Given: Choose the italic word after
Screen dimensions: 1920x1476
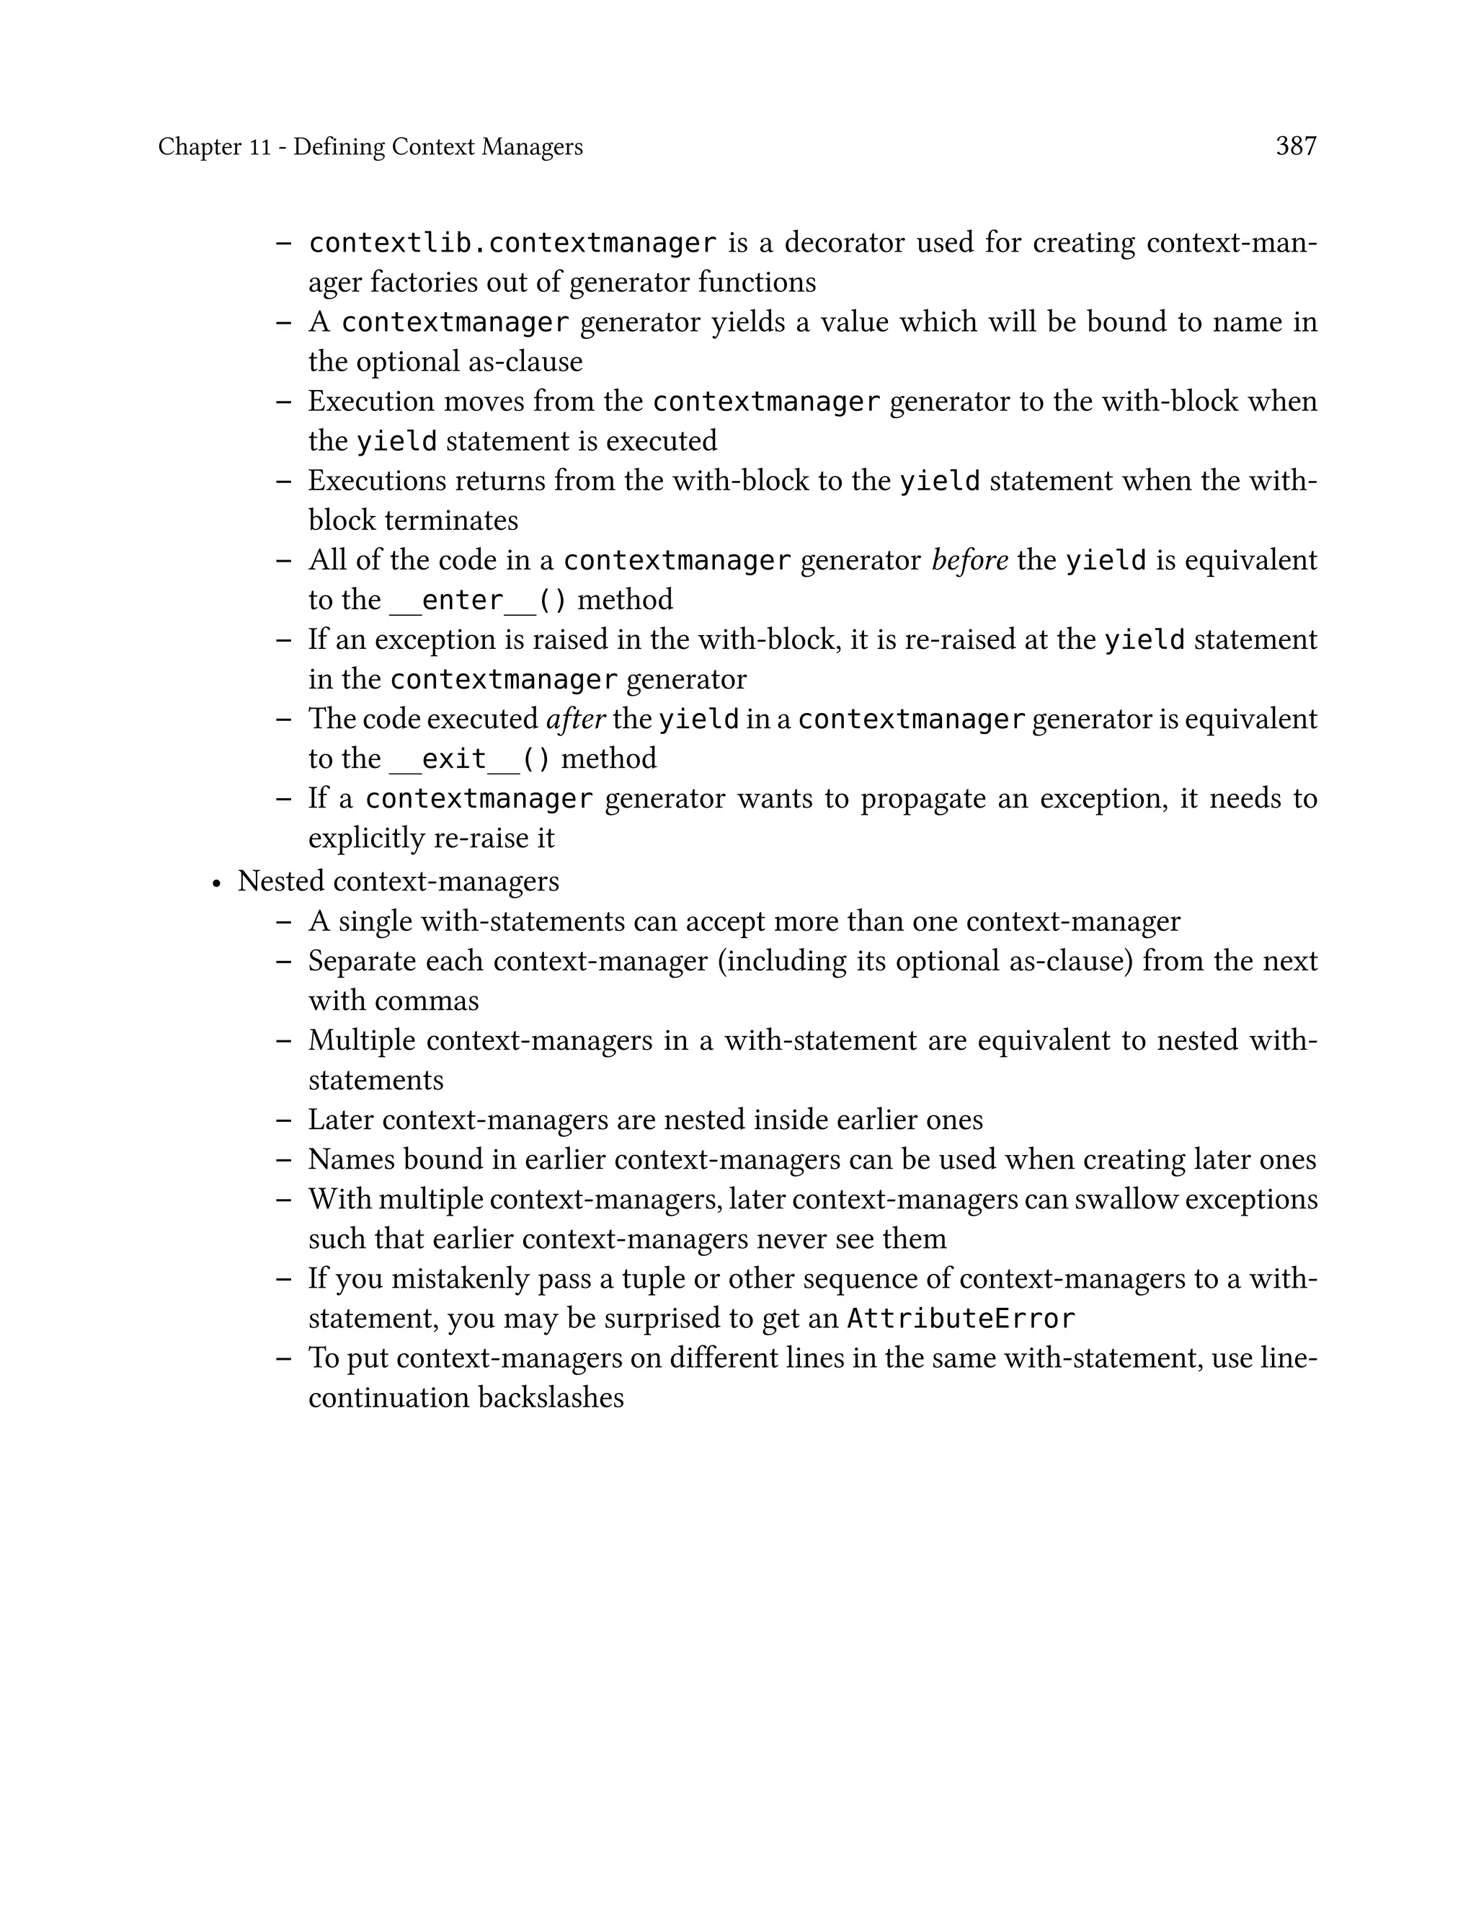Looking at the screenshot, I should click(x=575, y=719).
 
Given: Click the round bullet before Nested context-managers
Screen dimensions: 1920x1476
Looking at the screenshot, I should click(x=216, y=883).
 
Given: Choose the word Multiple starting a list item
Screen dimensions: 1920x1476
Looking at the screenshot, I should click(x=361, y=1040).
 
